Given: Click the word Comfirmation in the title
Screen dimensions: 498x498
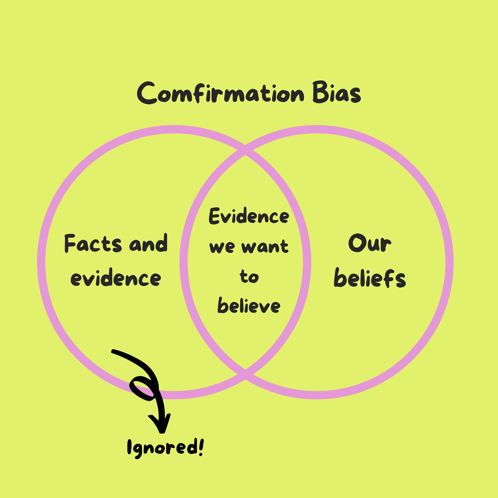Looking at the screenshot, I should [x=220, y=93].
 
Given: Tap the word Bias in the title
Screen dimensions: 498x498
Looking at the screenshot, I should [x=337, y=93].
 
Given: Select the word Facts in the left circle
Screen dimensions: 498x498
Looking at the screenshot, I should [x=93, y=244].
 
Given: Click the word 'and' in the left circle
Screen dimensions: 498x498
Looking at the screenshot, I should [x=148, y=244].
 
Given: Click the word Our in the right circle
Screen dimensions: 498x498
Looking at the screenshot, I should [x=369, y=244].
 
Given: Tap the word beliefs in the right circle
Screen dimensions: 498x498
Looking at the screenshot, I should [x=370, y=278].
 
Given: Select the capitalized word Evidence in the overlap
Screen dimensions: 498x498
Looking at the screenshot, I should [x=249, y=217].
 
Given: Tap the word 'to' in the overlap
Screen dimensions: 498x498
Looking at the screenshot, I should [x=249, y=276].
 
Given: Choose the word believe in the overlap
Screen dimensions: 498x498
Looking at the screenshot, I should [x=249, y=305].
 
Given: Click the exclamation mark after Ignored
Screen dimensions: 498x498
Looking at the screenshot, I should [x=200, y=446].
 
